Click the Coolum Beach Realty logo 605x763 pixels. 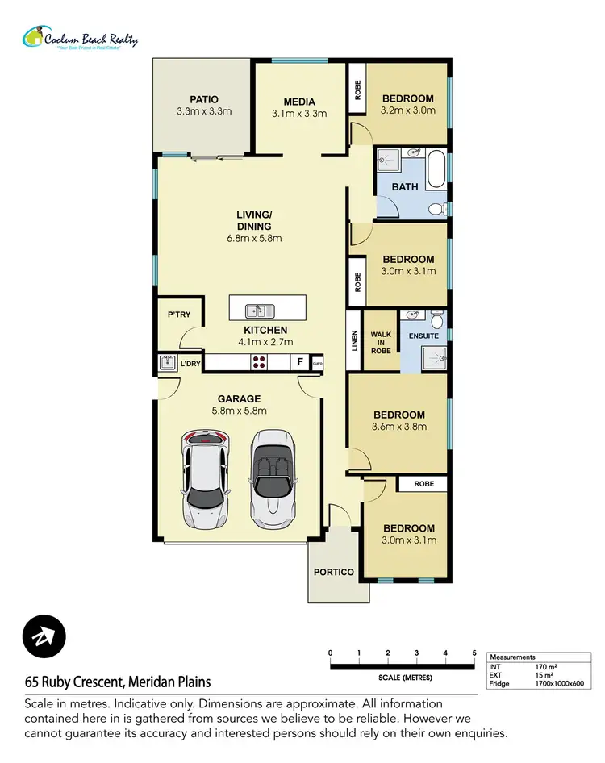click(80, 39)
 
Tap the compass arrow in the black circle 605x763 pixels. click(44, 636)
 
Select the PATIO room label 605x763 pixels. click(204, 99)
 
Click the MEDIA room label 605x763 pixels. click(298, 102)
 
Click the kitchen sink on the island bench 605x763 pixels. click(260, 310)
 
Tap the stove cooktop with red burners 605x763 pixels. click(260, 363)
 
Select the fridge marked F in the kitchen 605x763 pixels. click(300, 363)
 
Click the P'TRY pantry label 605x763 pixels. click(179, 314)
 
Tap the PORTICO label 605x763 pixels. click(334, 572)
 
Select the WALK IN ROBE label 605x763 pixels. click(381, 341)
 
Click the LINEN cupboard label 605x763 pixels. click(353, 341)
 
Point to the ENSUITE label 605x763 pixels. click(423, 336)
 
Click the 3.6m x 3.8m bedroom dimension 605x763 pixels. click(398, 427)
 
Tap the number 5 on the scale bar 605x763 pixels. click(474, 653)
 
